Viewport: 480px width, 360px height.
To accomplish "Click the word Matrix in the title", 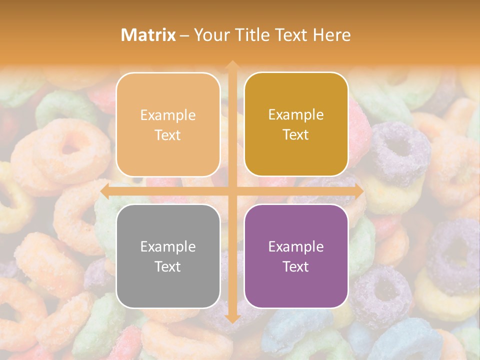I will point(148,34).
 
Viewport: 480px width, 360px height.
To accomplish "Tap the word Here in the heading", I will point(331,34).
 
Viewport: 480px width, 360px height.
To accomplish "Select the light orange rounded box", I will point(168,124).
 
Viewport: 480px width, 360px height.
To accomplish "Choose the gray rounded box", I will point(168,256).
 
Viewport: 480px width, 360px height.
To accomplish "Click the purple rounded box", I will point(296,256).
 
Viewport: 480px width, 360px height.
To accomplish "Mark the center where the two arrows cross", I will point(232,191).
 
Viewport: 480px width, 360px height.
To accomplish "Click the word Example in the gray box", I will point(168,246).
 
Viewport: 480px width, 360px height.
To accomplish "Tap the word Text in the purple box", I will point(296,266).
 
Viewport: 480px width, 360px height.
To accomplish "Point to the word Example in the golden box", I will point(296,114).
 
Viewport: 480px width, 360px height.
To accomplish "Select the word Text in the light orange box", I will point(168,135).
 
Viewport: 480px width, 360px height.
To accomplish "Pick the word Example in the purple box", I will point(296,246).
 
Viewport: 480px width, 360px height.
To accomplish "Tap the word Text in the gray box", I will point(168,266).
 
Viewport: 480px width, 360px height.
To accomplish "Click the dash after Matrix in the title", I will point(184,35).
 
